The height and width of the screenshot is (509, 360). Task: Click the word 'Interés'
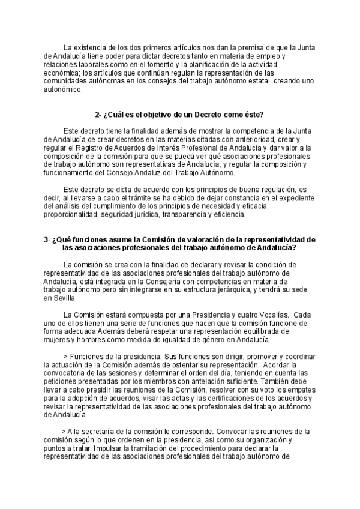click(x=184, y=148)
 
